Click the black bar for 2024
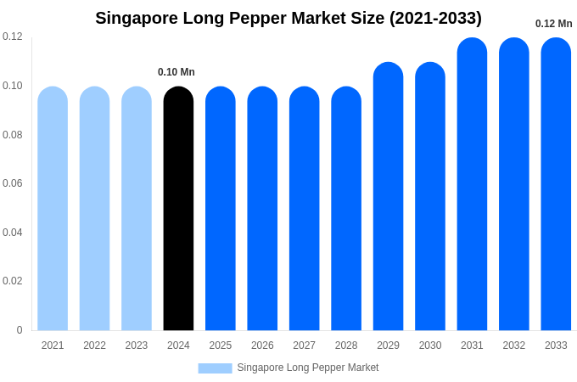(178, 209)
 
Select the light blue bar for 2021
(53, 209)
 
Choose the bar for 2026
(262, 209)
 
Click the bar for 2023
(137, 209)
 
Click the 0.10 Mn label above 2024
(176, 72)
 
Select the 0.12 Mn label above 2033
(553, 24)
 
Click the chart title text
(288, 18)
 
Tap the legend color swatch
(215, 368)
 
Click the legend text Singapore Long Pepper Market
(308, 368)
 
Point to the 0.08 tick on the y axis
(13, 135)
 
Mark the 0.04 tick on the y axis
(13, 233)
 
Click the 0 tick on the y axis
(20, 330)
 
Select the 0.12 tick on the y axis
(13, 37)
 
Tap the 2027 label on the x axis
(304, 345)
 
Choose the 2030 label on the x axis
(430, 345)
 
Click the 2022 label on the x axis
(94, 345)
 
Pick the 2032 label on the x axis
(514, 345)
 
